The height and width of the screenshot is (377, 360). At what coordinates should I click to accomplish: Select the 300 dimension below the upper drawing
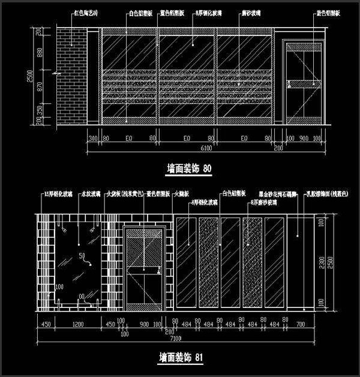[92, 139]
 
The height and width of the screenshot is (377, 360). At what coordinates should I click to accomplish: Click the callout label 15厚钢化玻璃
[58, 195]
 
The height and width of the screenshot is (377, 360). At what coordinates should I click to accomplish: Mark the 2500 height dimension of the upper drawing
[29, 78]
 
